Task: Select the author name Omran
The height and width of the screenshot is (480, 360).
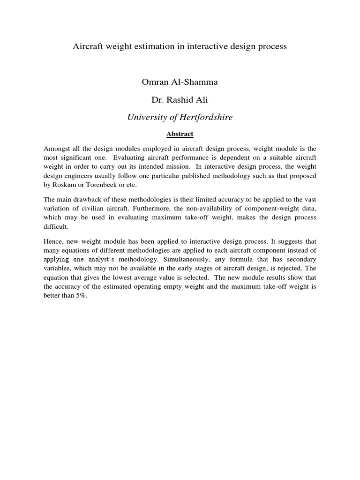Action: point(156,82)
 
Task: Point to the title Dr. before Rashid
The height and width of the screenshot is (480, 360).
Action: point(158,100)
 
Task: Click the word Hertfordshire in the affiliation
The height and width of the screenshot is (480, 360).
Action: point(205,118)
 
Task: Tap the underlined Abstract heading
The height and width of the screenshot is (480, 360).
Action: point(180,134)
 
